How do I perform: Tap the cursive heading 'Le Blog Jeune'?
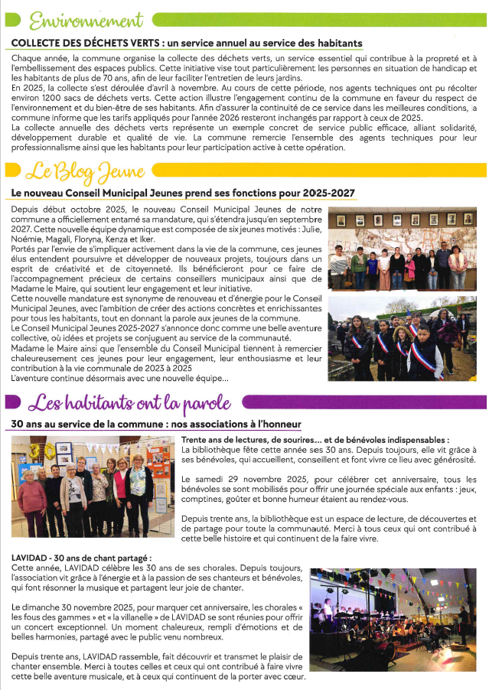coord(83,170)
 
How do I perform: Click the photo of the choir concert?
coord(393,618)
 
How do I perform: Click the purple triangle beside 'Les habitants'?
coord(11,402)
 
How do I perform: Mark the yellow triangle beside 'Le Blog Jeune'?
coord(11,170)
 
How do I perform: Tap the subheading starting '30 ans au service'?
coord(157,424)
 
